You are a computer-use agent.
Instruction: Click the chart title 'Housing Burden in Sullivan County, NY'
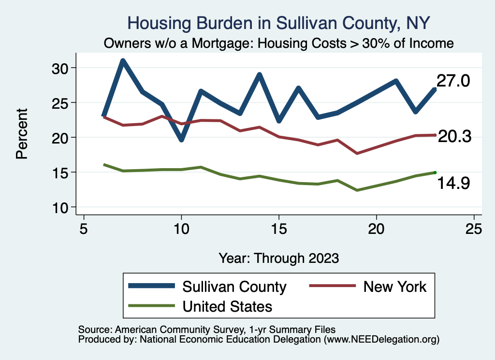tap(278, 23)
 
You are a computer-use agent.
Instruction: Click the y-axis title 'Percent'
tap(22, 137)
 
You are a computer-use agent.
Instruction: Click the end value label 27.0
tap(453, 81)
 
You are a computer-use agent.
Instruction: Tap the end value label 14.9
tap(453, 183)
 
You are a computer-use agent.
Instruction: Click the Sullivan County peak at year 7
tap(123, 61)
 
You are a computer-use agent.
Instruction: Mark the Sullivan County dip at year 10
tap(181, 140)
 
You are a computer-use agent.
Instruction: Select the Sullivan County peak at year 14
tap(260, 75)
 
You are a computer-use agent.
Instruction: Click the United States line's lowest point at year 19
tap(357, 190)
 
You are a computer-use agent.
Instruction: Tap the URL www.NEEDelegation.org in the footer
tap(381, 339)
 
